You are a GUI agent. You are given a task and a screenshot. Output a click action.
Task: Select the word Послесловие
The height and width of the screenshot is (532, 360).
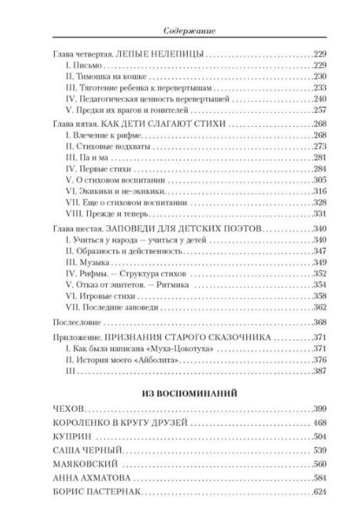(x=75, y=323)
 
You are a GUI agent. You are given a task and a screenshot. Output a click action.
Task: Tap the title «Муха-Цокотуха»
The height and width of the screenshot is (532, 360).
(x=173, y=349)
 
